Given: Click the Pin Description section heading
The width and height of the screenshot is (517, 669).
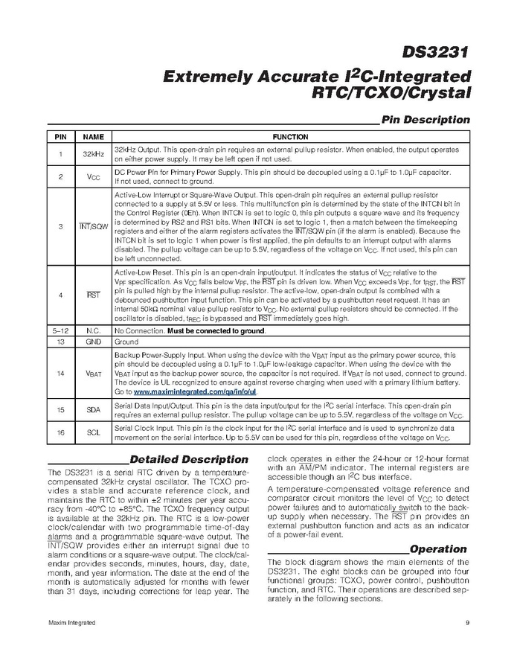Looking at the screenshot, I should coord(425,119).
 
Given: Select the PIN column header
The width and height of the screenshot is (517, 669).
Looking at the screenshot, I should coord(61,138).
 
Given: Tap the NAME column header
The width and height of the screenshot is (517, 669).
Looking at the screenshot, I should coord(93,138).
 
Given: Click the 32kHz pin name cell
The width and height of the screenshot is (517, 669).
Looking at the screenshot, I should coord(93,154).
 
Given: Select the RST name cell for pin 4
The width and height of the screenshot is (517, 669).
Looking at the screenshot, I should coord(93,295).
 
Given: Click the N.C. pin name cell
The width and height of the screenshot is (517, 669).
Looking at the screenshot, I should coord(93,330).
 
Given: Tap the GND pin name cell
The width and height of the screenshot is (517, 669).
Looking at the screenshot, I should coord(93,342).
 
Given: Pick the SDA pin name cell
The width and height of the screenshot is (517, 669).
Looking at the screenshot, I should coord(93,410).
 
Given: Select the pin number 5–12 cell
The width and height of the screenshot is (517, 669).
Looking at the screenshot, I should coord(61,330).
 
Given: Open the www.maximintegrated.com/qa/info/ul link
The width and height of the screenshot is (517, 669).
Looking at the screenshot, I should coord(195,391).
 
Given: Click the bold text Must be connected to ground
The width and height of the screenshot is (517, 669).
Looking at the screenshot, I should coord(216,330).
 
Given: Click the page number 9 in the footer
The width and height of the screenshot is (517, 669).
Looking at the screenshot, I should coord(466,622).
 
